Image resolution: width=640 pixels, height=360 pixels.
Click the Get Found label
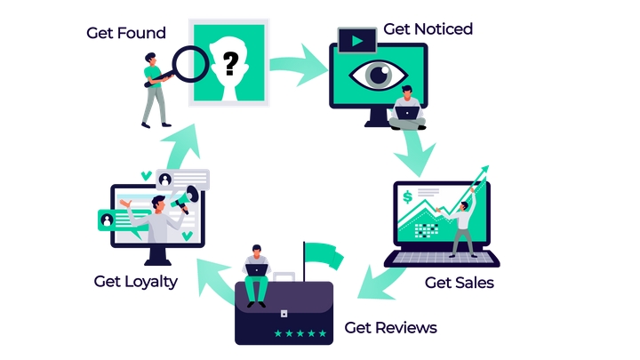(125, 33)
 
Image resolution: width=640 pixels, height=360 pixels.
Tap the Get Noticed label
(428, 28)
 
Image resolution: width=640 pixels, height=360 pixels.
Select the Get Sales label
(459, 284)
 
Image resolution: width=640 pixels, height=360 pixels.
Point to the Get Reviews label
(391, 328)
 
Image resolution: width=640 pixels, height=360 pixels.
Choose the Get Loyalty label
(136, 282)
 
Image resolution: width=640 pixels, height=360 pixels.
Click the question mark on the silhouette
(230, 62)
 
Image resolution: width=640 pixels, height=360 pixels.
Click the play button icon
(357, 40)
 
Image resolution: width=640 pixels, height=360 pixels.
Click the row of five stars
(300, 333)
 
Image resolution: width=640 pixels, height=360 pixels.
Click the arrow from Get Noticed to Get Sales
(417, 151)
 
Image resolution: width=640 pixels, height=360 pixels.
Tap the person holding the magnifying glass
(154, 89)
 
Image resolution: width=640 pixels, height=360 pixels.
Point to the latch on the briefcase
(284, 313)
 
